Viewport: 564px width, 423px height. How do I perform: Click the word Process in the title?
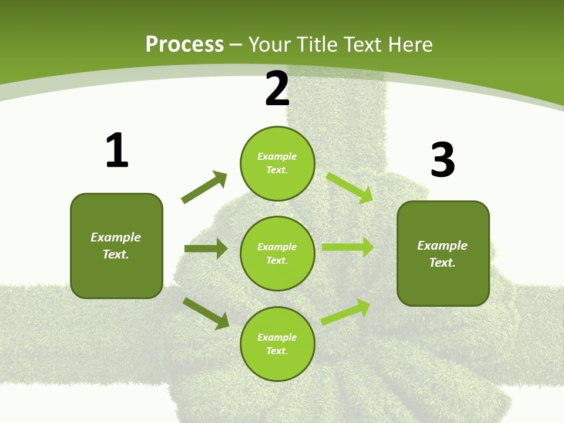coord(184,44)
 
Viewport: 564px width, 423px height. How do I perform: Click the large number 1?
coord(117,150)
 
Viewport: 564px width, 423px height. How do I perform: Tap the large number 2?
coord(277,89)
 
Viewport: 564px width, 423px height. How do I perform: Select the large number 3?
coord(442,160)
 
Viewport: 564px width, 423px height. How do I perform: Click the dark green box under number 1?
coord(116,246)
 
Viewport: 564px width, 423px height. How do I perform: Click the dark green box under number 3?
coord(443,253)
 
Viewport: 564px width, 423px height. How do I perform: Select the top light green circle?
coord(277,163)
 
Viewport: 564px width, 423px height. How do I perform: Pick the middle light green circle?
coord(277,253)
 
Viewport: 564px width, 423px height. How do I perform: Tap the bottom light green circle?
coord(277,344)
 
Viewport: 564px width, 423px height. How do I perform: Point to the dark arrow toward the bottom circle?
coord(206,313)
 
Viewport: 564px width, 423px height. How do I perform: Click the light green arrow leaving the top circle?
coord(350,187)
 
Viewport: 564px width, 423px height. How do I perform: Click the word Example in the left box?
coord(116,237)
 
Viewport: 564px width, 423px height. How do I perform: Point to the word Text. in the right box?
coord(442,263)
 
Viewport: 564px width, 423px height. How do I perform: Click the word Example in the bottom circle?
coord(277,337)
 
